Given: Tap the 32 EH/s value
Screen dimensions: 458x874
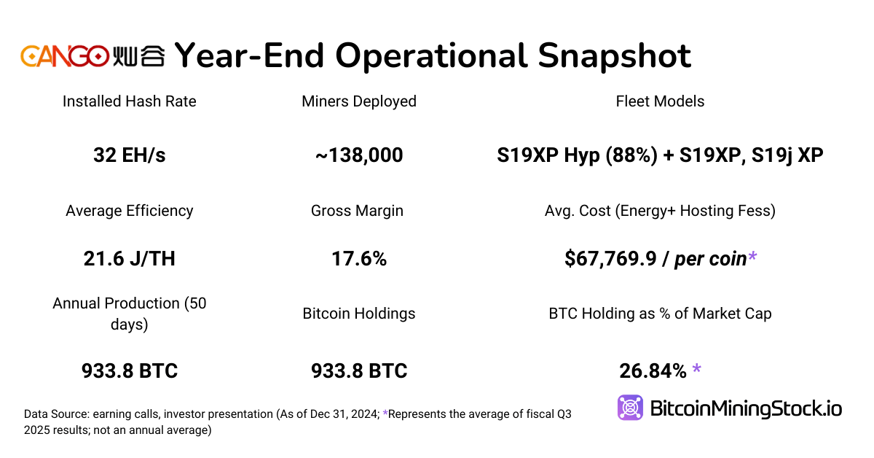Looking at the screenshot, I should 130,155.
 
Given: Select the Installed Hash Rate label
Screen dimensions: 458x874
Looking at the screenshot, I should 130,101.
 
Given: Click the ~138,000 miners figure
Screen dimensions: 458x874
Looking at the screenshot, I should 359,155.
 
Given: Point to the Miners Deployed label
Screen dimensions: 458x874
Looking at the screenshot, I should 359,101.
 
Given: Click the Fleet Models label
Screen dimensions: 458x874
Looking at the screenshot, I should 660,101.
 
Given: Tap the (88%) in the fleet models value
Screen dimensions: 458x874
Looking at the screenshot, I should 639,155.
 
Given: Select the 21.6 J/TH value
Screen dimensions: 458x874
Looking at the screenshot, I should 130,258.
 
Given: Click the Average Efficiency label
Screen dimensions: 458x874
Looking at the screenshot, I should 130,211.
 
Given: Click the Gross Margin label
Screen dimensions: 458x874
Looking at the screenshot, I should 357,211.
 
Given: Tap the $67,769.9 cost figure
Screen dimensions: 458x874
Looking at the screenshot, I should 610,258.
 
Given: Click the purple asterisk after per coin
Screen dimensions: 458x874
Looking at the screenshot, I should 752,256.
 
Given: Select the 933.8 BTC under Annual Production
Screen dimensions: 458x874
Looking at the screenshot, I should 130,370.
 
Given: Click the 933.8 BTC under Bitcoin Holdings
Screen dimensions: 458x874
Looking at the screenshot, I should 359,370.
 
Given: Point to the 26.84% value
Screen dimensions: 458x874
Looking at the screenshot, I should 653,370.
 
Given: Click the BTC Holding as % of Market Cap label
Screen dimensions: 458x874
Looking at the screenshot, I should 660,314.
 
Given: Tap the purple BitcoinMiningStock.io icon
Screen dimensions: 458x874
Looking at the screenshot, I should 630,408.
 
